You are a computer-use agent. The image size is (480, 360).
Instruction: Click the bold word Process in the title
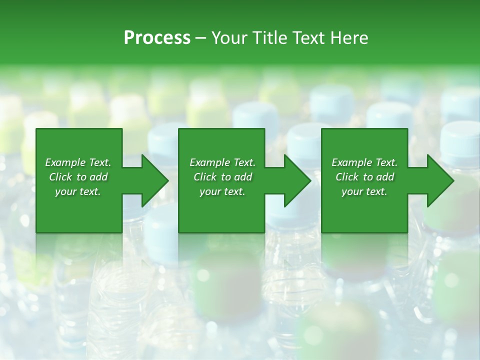pyautogui.click(x=157, y=38)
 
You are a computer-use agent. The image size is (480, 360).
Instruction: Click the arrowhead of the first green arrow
pyautogui.click(x=155, y=180)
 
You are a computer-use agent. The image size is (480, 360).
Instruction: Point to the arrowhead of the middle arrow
pyautogui.click(x=297, y=180)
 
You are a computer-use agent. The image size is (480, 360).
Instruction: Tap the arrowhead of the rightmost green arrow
pyautogui.click(x=440, y=180)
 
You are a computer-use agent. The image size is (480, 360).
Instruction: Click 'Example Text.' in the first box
pyautogui.click(x=78, y=162)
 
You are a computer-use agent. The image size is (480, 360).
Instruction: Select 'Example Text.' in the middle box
pyautogui.click(x=222, y=162)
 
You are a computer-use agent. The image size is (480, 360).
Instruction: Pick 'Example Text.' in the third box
pyautogui.click(x=364, y=162)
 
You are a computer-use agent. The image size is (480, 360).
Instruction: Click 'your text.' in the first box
pyautogui.click(x=78, y=191)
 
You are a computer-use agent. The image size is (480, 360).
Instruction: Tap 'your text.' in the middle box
pyautogui.click(x=222, y=191)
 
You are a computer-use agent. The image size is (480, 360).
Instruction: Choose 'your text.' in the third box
pyautogui.click(x=364, y=191)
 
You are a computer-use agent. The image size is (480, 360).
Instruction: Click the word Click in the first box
pyautogui.click(x=60, y=177)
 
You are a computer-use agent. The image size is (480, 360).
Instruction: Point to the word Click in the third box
pyautogui.click(x=347, y=177)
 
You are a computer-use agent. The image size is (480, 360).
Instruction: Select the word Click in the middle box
pyautogui.click(x=205, y=177)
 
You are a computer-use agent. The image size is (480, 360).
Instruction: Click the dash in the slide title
pyautogui.click(x=201, y=38)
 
